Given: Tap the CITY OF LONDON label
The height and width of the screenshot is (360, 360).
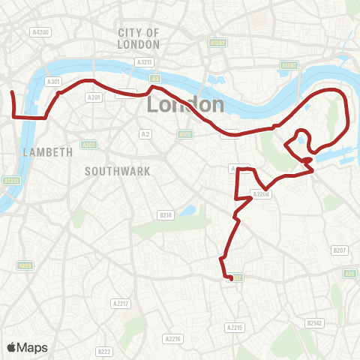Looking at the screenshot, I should click(x=139, y=38).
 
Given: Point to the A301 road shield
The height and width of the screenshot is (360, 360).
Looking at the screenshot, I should click(x=52, y=81).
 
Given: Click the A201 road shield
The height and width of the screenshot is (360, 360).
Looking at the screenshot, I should click(x=94, y=97).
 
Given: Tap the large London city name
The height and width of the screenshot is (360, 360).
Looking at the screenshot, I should click(x=185, y=104).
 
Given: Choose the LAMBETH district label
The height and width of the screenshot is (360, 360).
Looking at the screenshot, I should click(x=48, y=151).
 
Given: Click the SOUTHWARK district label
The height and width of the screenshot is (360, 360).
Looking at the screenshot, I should click(x=118, y=171).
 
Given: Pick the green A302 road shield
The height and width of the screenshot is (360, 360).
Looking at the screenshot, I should click(x=88, y=145).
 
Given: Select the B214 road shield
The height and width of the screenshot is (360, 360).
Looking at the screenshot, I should click(x=166, y=215).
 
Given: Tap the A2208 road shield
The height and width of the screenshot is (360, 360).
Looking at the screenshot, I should click(x=260, y=194).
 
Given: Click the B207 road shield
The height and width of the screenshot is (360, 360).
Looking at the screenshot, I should click(x=340, y=250).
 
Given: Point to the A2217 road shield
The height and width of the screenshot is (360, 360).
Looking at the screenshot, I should click(x=120, y=303).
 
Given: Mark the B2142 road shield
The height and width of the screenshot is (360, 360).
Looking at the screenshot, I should click(x=314, y=322).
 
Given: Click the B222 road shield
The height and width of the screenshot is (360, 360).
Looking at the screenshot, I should click(x=104, y=351).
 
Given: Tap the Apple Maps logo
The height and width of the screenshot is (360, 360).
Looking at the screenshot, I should click(x=28, y=347).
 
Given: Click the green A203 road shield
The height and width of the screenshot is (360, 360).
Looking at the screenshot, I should click(x=25, y=265).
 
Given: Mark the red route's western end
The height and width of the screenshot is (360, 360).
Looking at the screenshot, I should click(x=12, y=92).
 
